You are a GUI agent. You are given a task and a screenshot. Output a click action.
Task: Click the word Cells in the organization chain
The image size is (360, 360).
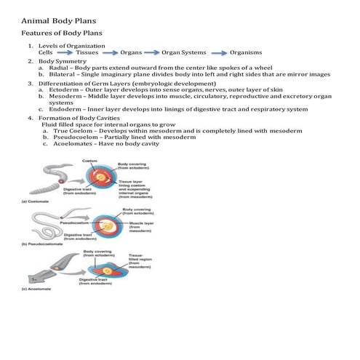coord(46,53)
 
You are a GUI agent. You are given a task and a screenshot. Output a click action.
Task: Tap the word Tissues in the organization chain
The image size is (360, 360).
coord(87,53)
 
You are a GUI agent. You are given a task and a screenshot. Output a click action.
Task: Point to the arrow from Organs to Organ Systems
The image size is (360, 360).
coord(151,53)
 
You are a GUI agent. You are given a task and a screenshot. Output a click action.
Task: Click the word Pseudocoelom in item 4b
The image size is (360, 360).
coord(70,137)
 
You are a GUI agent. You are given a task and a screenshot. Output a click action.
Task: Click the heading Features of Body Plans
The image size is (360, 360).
coord(62,33)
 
